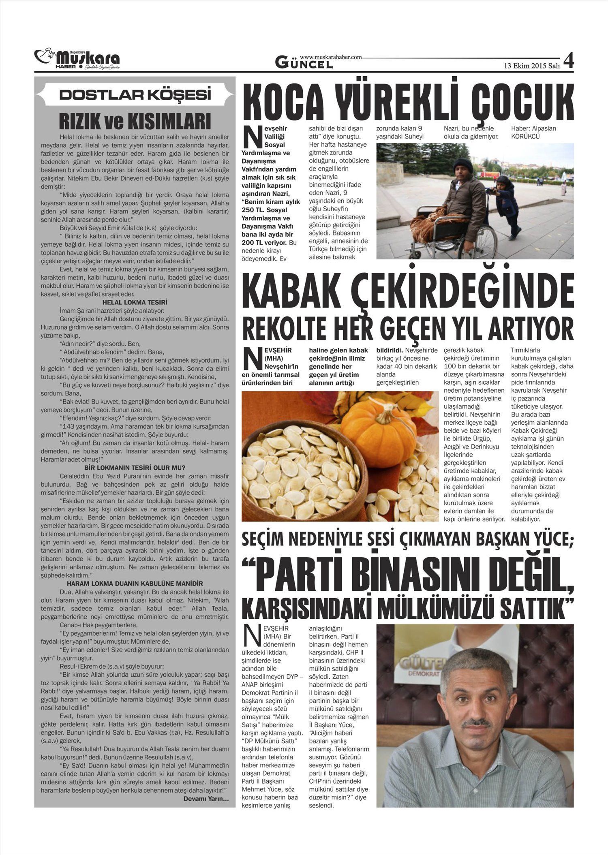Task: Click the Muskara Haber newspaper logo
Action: pyautogui.click(x=77, y=59)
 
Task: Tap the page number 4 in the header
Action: pyautogui.click(x=568, y=61)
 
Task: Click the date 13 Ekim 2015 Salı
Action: pyautogui.click(x=531, y=66)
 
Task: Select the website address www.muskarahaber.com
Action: pyautogui.click(x=331, y=58)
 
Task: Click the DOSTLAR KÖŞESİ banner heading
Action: pyautogui.click(x=135, y=95)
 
